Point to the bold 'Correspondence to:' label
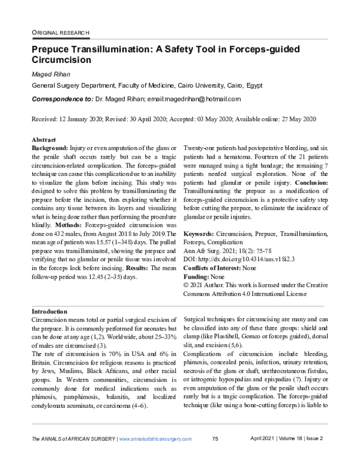coord(62,99)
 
